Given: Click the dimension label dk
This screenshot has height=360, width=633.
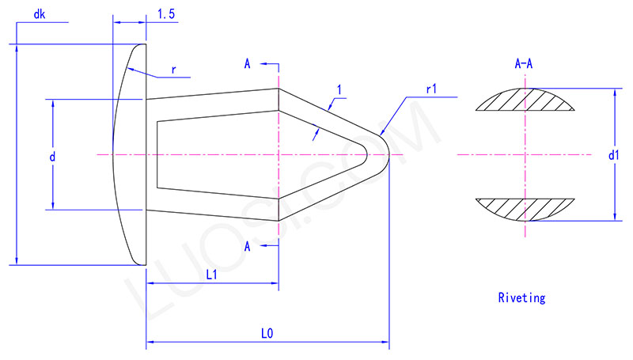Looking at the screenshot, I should point(40,14).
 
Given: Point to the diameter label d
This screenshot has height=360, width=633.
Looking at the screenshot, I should point(52,157).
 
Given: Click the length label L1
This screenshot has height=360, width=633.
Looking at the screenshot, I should point(212,275).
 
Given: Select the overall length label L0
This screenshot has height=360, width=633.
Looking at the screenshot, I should point(267,334).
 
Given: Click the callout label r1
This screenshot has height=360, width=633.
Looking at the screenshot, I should point(432,89).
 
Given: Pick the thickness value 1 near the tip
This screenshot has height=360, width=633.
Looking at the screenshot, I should point(339,91).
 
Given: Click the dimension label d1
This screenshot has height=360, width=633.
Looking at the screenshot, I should point(614,156).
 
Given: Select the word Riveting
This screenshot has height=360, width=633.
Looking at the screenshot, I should point(521,298).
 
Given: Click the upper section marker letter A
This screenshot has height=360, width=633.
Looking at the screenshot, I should point(248,64).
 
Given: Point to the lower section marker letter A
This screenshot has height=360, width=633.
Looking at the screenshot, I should point(248,247).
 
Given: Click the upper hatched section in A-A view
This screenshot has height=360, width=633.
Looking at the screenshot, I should point(524,100).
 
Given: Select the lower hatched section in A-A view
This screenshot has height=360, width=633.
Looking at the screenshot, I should point(524,208).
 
